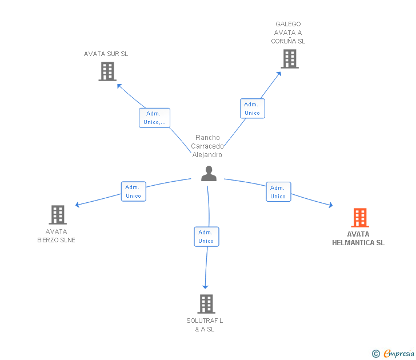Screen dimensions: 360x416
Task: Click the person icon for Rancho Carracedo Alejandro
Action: tap(209, 174)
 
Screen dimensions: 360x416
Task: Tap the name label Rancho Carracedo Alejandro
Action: tap(207, 146)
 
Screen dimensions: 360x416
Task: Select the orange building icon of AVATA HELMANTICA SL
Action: tap(359, 218)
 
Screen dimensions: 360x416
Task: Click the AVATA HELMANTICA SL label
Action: tap(358, 238)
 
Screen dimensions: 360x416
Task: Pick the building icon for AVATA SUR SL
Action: tap(107, 71)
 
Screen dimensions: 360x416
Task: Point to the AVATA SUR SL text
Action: tap(106, 54)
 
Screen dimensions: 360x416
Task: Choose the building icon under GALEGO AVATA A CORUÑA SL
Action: tap(290, 58)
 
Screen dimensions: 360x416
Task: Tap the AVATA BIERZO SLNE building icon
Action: tap(57, 215)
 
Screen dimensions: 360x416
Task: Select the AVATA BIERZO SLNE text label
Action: tap(56, 236)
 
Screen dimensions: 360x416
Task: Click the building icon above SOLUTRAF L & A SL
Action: tap(206, 304)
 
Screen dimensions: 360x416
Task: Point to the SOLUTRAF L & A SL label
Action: tap(205, 325)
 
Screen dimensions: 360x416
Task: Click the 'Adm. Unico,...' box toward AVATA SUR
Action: tap(154, 118)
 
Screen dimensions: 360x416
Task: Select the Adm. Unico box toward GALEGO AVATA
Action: tap(252, 109)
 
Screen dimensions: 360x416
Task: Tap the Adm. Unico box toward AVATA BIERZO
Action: tap(133, 191)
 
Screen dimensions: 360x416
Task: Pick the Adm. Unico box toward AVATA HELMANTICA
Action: tap(278, 192)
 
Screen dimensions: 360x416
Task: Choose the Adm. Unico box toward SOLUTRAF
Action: tap(206, 237)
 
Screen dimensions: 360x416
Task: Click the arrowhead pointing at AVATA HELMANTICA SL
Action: tap(331, 205)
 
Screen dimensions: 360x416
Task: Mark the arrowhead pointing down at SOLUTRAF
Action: tap(205, 286)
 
